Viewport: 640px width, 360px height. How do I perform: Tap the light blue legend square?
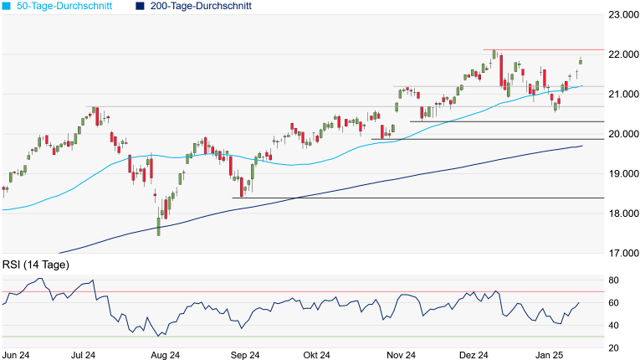tap(6, 6)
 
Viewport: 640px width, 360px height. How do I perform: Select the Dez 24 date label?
tap(474, 355)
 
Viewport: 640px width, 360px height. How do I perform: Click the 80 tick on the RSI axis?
tap(613, 280)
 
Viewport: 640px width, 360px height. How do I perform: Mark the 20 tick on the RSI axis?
tap(613, 348)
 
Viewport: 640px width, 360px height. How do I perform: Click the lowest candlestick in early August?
tap(158, 228)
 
